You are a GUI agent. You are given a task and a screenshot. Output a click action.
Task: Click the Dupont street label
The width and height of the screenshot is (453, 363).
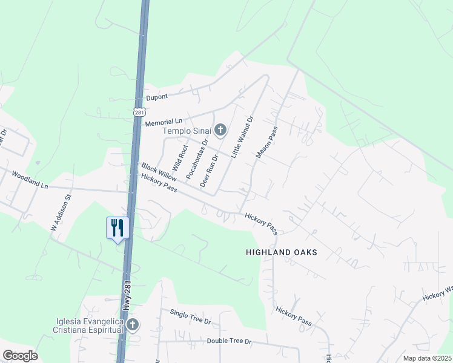click(x=157, y=97)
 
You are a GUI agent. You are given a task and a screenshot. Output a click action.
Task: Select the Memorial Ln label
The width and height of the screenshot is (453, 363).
click(x=164, y=122)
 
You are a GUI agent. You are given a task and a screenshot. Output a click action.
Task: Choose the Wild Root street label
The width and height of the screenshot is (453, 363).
click(x=179, y=155)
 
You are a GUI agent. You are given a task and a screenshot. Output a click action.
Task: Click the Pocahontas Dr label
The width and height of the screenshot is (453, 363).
click(x=196, y=159)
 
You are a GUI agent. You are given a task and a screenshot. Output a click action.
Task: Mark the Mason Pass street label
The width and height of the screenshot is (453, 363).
click(x=267, y=143)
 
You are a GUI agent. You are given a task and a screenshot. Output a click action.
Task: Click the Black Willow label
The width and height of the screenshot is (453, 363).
click(x=159, y=171)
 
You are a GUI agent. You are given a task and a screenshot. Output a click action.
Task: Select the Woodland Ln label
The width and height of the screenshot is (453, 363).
click(x=30, y=180)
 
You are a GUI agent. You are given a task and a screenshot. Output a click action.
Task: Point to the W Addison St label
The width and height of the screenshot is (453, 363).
click(x=61, y=212)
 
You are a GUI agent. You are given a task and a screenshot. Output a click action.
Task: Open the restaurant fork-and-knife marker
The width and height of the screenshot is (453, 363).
click(x=117, y=228)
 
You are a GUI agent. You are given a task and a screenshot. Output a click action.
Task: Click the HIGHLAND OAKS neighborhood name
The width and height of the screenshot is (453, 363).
click(x=282, y=252)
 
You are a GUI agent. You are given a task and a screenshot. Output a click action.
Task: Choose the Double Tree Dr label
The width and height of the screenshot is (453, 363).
click(x=229, y=341)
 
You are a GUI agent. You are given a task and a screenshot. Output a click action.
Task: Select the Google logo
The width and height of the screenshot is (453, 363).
click(x=20, y=356)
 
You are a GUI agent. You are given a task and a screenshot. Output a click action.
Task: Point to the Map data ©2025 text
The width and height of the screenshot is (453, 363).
click(x=427, y=358)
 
